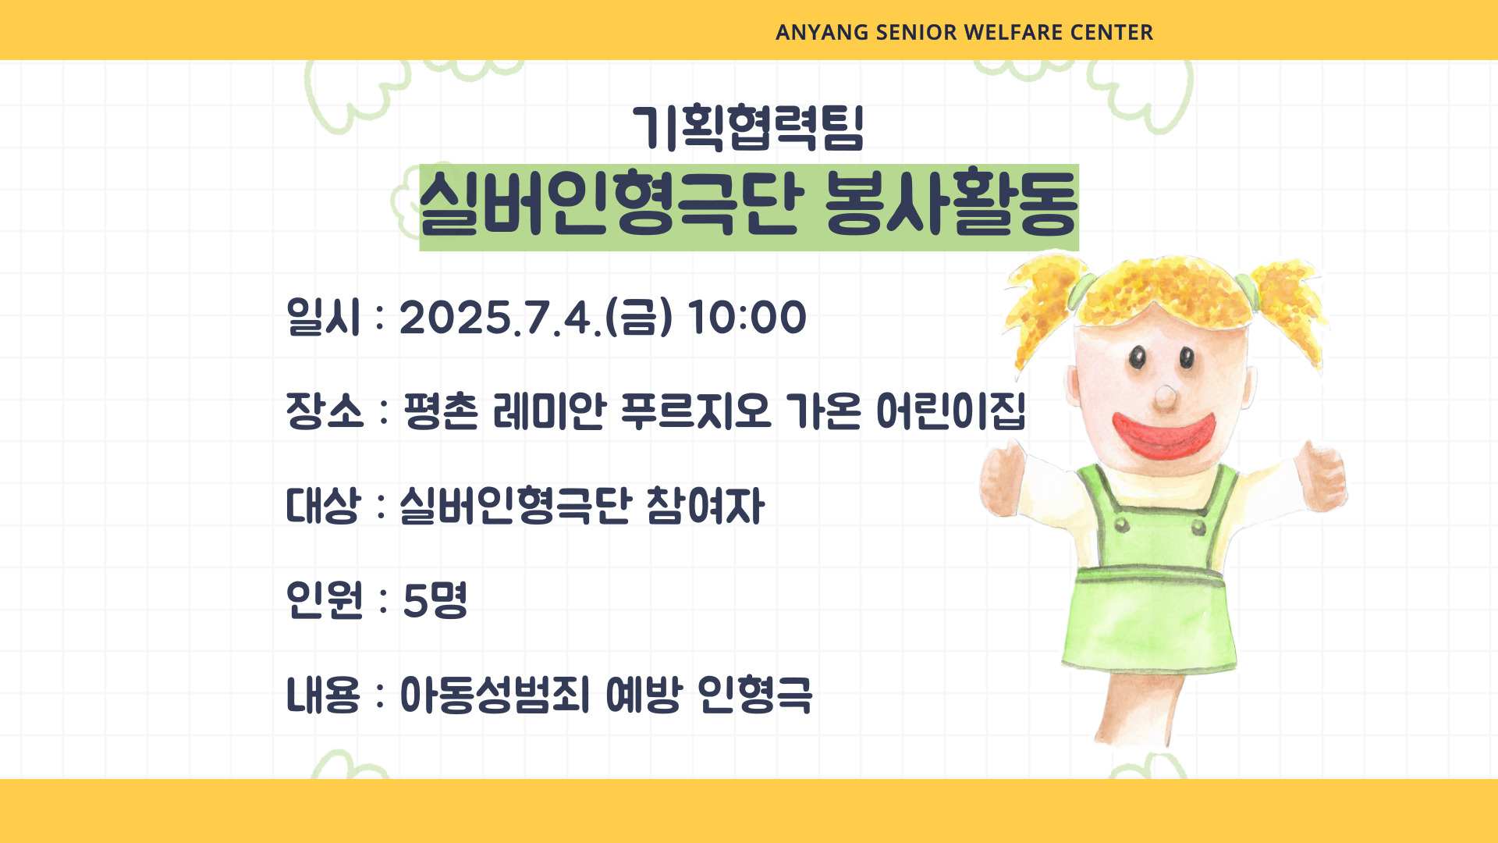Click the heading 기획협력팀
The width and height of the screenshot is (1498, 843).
pyautogui.click(x=748, y=127)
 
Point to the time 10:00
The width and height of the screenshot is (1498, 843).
pyautogui.click(x=747, y=318)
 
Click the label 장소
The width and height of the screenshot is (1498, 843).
pyautogui.click(x=325, y=411)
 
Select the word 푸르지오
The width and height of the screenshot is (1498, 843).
pyautogui.click(x=695, y=411)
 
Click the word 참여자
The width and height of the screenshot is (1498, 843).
pyautogui.click(x=706, y=506)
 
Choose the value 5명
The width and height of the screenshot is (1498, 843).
pyautogui.click(x=435, y=600)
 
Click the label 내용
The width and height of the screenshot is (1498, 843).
pyautogui.click(x=324, y=695)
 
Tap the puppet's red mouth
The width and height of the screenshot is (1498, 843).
pyautogui.click(x=1163, y=436)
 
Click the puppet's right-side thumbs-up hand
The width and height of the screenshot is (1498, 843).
pyautogui.click(x=1319, y=477)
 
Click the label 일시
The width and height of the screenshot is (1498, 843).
pyautogui.click(x=324, y=318)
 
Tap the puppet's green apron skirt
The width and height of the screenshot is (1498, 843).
pyautogui.click(x=1149, y=617)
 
